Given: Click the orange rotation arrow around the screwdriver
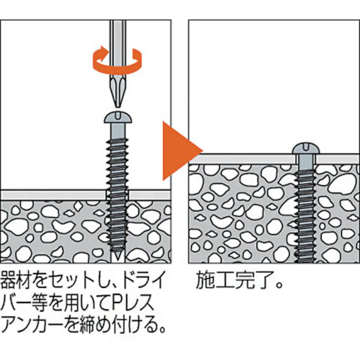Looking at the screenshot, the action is tap(117, 60).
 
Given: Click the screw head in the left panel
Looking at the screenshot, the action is tap(118, 117).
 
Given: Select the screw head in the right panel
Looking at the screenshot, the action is tap(306, 148).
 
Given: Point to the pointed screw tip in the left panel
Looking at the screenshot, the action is tap(118, 256).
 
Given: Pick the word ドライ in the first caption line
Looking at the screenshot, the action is tap(144, 280).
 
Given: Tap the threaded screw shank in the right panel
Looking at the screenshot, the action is tap(305, 216).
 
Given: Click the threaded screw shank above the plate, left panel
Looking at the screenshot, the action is tap(118, 164).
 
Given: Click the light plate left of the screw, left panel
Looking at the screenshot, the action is tap(53, 195).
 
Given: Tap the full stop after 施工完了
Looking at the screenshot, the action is tap(279, 285).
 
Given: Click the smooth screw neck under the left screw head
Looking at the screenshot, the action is tap(118, 131).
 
